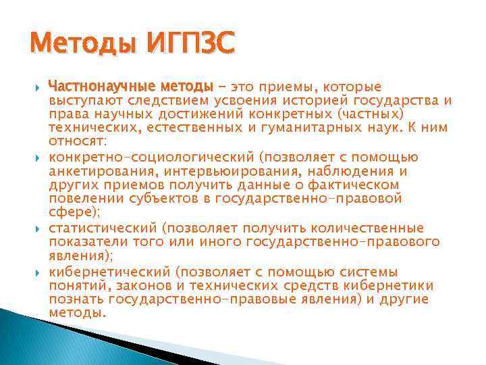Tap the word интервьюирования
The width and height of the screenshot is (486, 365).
[x=243, y=171]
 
